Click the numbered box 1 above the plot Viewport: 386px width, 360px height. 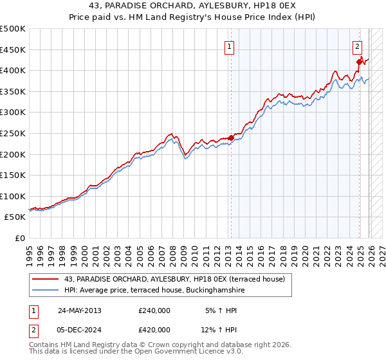pyautogui.click(x=230, y=46)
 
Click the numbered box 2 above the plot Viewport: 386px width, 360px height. pyautogui.click(x=357, y=46)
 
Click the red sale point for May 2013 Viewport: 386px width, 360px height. pyautogui.click(x=231, y=138)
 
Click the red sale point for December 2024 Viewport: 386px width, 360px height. pyautogui.click(x=360, y=62)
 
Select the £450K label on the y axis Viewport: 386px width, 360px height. pyautogui.click(x=13, y=50)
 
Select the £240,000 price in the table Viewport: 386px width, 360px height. pyautogui.click(x=154, y=310)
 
